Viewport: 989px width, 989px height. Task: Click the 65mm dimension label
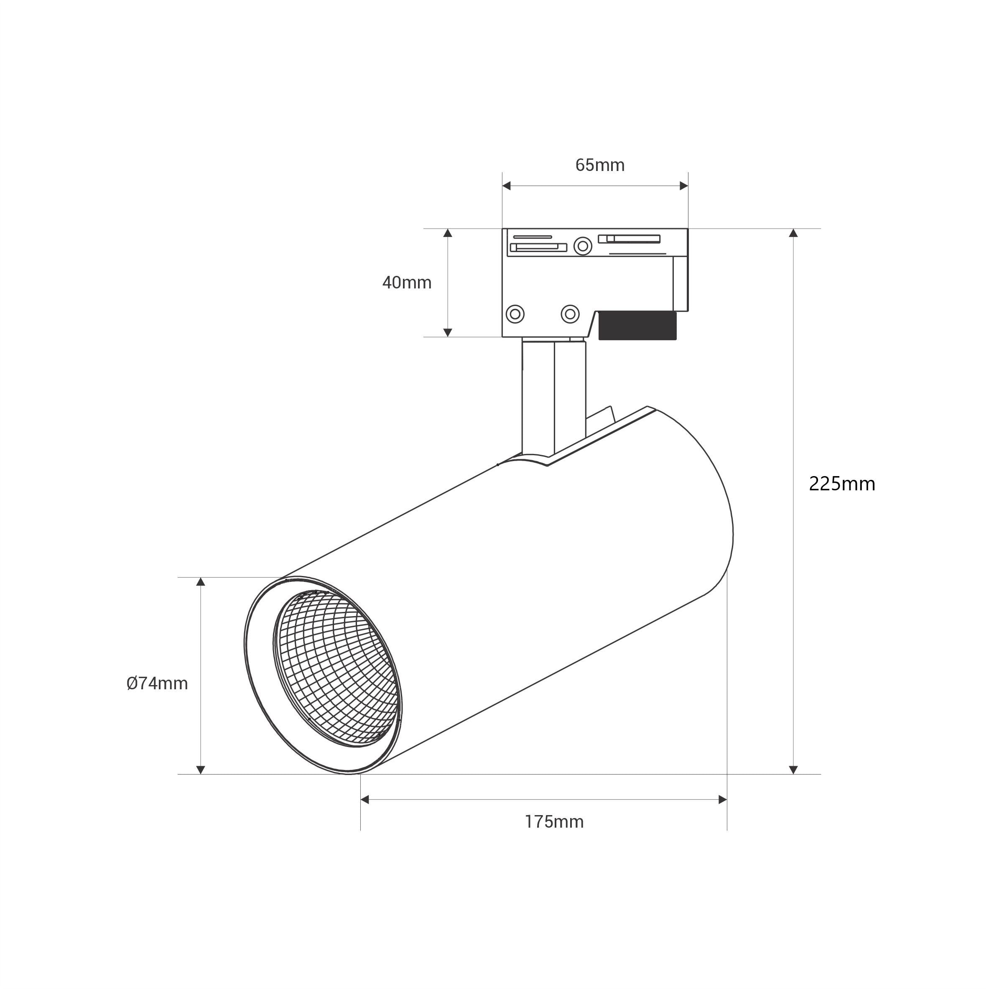coord(600,166)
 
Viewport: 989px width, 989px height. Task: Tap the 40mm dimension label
coord(407,283)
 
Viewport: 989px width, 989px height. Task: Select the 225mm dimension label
coord(842,484)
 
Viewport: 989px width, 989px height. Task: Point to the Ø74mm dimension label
coord(157,683)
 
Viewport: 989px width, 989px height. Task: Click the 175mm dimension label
coord(554,822)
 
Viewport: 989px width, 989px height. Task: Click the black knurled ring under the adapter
coord(637,325)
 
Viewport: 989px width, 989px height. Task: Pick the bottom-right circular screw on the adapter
coord(570,314)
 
